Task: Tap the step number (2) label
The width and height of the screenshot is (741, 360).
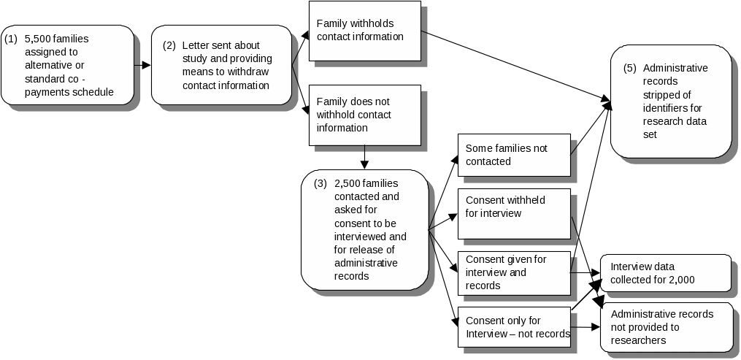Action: (x=169, y=45)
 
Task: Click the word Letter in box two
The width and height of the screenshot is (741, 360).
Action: (x=196, y=45)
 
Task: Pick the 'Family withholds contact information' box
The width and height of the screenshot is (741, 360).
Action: (x=364, y=30)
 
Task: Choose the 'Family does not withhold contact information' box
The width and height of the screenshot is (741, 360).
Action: (x=364, y=115)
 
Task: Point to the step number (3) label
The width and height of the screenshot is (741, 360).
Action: (x=320, y=183)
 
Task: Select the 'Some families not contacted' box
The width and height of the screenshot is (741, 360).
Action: (x=513, y=155)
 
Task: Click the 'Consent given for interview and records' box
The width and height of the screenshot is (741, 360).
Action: (x=513, y=272)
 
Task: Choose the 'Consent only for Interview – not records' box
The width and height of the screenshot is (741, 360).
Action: (x=513, y=327)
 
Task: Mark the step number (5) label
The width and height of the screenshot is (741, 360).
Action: (x=630, y=68)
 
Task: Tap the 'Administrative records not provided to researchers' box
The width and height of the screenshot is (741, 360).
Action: (x=666, y=327)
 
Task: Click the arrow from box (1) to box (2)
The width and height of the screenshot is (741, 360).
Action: (x=142, y=65)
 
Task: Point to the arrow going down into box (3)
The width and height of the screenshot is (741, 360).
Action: (x=364, y=158)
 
